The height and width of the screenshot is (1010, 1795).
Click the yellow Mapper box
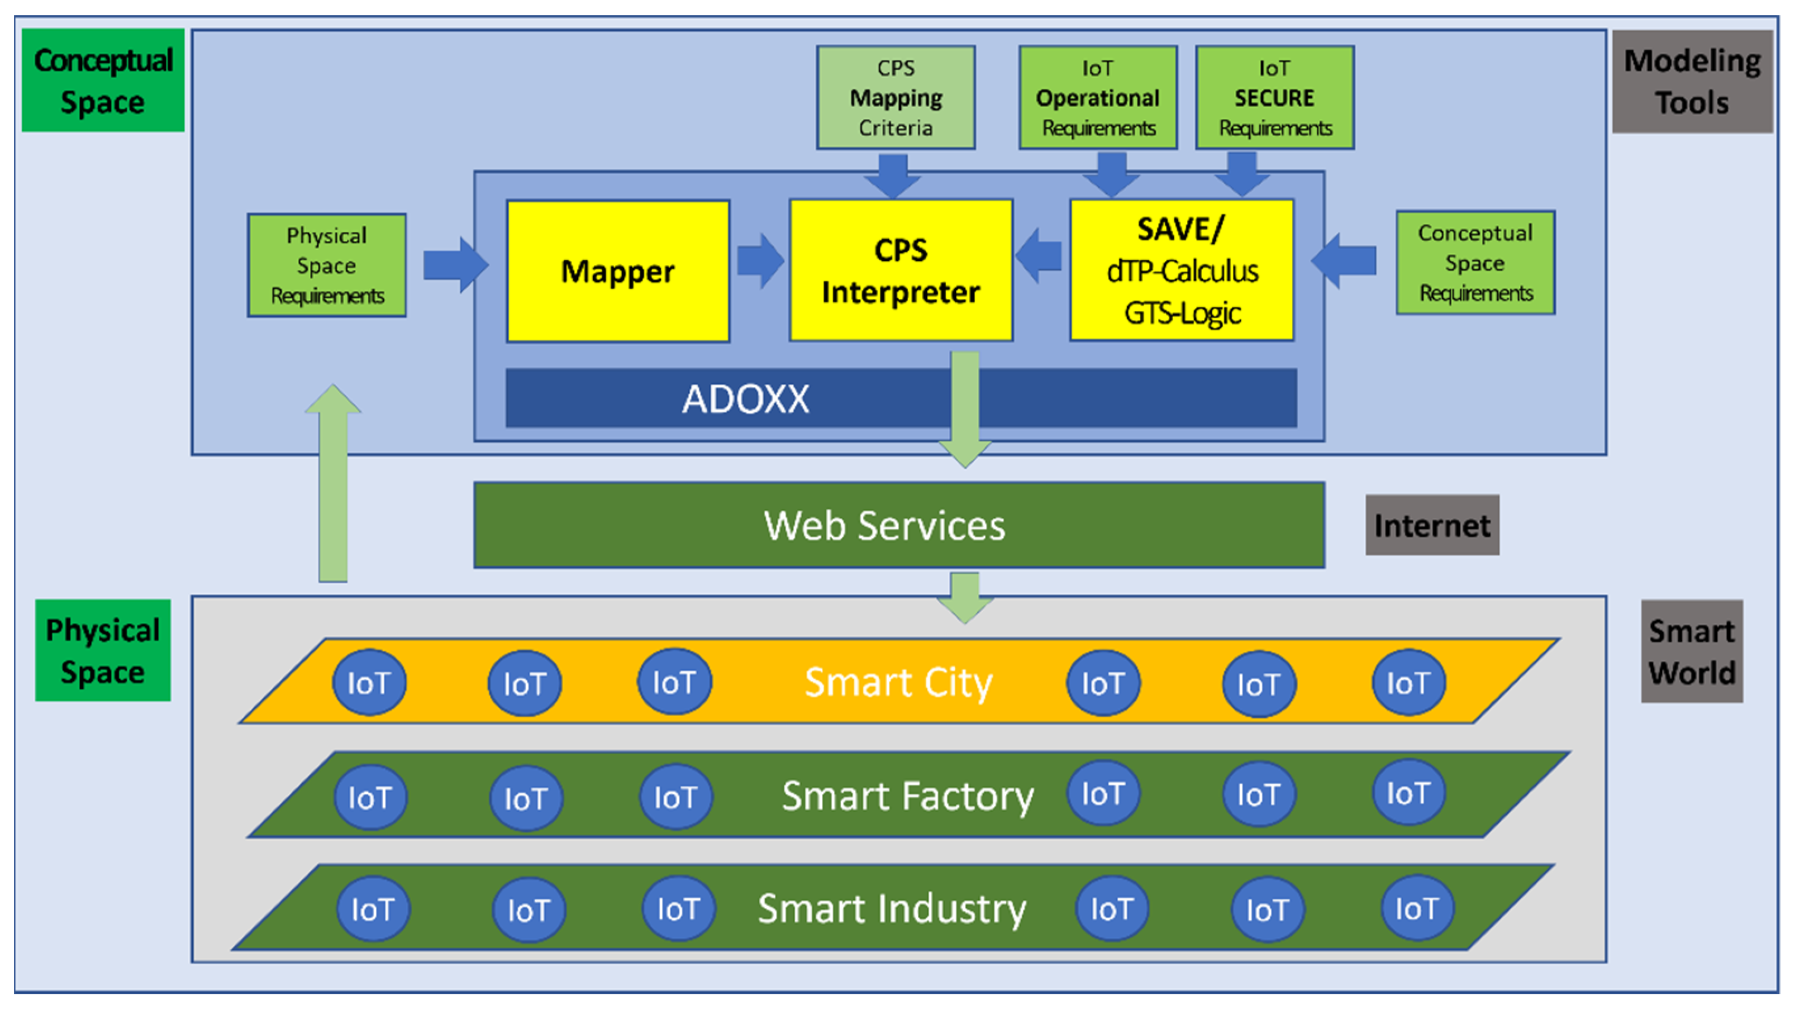[x=617, y=271]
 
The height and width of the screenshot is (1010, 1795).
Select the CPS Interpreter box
[x=900, y=270]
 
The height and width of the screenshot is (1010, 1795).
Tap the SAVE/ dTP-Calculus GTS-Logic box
[x=1182, y=270]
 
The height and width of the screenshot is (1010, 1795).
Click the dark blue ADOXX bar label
[x=746, y=398]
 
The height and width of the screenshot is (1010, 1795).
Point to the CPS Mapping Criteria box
[x=896, y=98]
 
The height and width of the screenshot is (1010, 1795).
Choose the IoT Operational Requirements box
[x=1097, y=98]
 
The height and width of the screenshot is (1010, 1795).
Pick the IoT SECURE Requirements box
[x=1274, y=98]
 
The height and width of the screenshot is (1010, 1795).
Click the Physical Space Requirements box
[x=327, y=265]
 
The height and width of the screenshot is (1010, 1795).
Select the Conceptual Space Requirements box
[x=1475, y=263]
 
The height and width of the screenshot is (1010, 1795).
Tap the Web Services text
[x=884, y=525]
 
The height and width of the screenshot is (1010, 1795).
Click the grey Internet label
[x=1432, y=525]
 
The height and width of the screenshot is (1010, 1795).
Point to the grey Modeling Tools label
[x=1692, y=82]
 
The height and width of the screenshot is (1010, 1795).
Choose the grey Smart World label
[x=1691, y=651]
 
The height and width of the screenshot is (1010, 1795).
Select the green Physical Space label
[x=103, y=651]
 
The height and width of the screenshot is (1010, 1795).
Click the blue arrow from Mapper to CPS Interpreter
[x=760, y=261]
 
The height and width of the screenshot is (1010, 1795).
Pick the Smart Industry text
[x=892, y=908]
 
